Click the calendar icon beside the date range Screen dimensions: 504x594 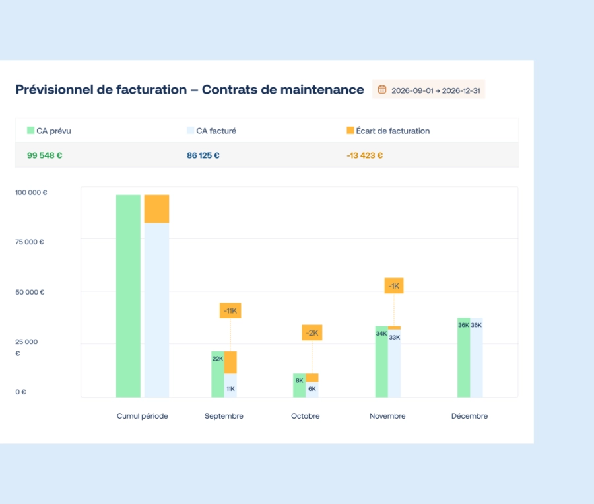pos(382,90)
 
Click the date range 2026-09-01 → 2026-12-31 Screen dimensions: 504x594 pos(436,90)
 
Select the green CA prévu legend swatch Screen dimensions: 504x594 pos(30,131)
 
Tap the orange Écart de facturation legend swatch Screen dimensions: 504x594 pos(350,131)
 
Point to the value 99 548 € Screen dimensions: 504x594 pos(45,155)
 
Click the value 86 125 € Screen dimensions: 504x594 pos(203,155)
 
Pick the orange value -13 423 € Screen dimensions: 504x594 pos(364,155)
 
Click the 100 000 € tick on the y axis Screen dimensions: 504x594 pos(31,193)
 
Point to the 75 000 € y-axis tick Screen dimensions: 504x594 pos(29,242)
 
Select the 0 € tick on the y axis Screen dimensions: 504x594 pos(20,392)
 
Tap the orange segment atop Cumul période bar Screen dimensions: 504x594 pos(156,209)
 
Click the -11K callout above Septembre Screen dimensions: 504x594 pos(230,310)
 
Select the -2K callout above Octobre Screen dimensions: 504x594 pos(312,332)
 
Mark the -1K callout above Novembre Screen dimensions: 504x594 pos(394,286)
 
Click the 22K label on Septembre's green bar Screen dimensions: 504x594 pos(218,359)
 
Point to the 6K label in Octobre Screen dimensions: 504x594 pos(312,389)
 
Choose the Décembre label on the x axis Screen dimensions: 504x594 pos(469,416)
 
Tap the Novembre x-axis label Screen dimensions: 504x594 pos(387,416)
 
